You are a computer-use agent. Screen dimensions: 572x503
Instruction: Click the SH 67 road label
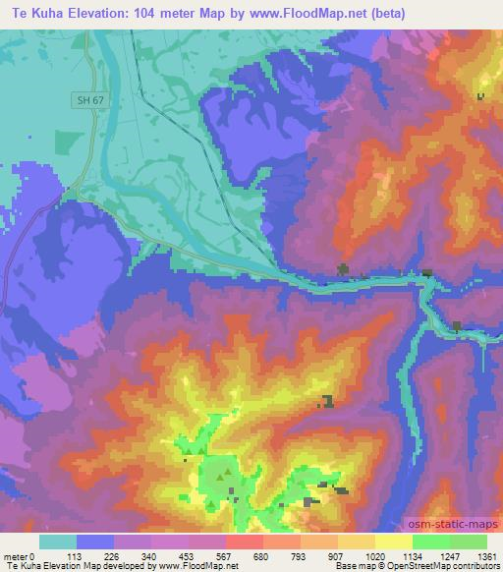[x=87, y=99]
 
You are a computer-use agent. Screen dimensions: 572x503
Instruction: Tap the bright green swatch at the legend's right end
[x=468, y=541]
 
